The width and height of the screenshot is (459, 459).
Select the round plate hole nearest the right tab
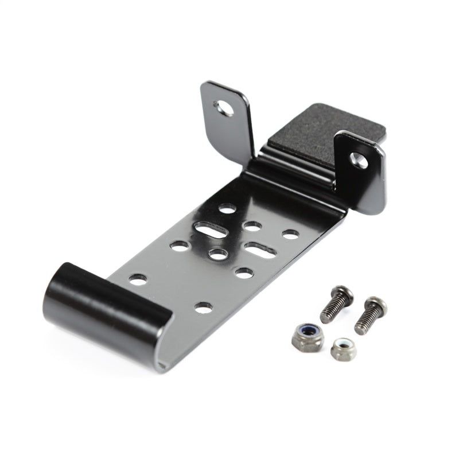(x=290, y=234)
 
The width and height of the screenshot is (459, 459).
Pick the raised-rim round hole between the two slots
(x=216, y=252)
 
